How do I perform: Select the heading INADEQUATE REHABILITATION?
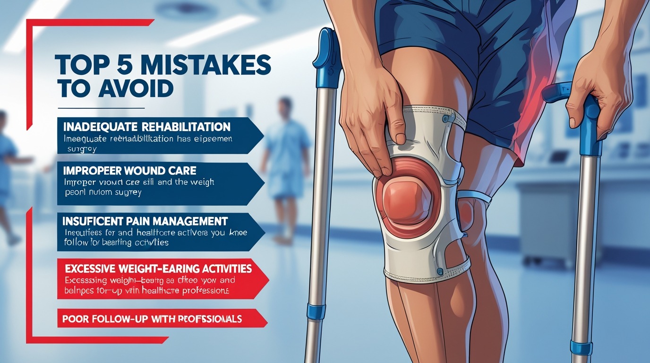147,127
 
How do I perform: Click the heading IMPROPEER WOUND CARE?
130,170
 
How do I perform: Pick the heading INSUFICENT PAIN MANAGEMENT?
145,221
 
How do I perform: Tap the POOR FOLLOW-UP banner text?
152,319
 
